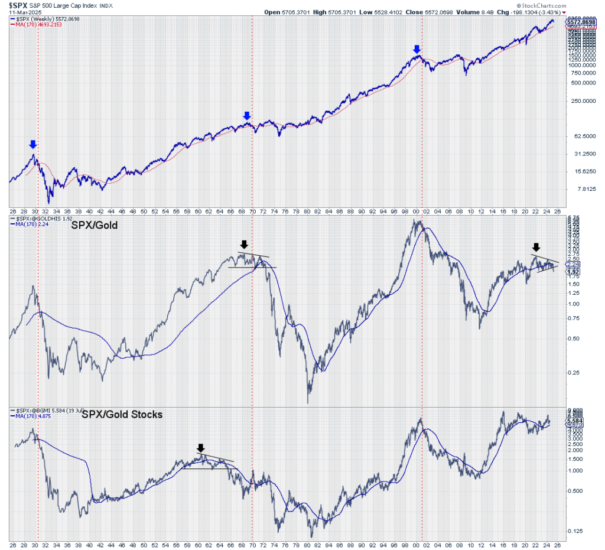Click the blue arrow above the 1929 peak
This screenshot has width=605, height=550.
coord(33,144)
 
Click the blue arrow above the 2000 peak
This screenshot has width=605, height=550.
coord(417,49)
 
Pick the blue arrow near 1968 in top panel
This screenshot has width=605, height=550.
coord(247,116)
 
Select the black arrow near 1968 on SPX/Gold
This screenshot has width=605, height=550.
coord(245,244)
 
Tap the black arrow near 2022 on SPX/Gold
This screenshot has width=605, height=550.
coord(536,247)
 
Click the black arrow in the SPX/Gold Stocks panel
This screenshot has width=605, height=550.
coord(201,448)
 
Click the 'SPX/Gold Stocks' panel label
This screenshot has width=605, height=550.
coord(122,415)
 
